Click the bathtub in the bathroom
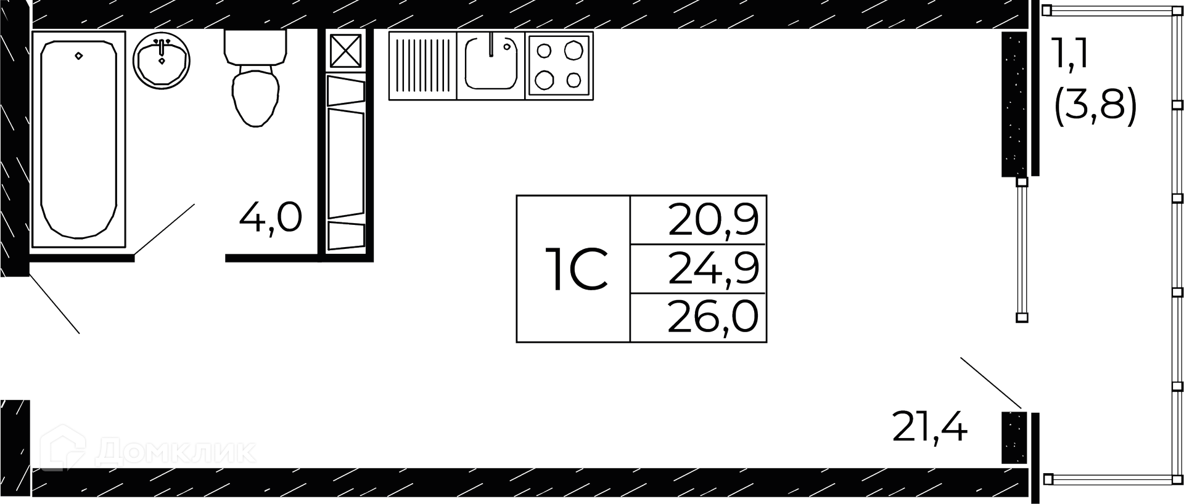pyautogui.click(x=78, y=139)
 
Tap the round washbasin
pyautogui.click(x=162, y=60)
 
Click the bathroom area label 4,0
pyautogui.click(x=271, y=217)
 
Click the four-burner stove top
pyautogui.click(x=559, y=65)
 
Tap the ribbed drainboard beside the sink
pyautogui.click(x=422, y=65)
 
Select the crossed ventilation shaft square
pyautogui.click(x=348, y=51)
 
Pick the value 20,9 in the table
pyautogui.click(x=713, y=220)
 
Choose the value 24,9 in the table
pyautogui.click(x=713, y=269)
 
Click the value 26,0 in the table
pyautogui.click(x=713, y=317)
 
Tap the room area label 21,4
pyautogui.click(x=930, y=428)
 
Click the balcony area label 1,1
pyautogui.click(x=1072, y=54)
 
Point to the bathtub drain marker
pyautogui.click(x=78, y=56)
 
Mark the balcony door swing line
pyautogui.click(x=991, y=383)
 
